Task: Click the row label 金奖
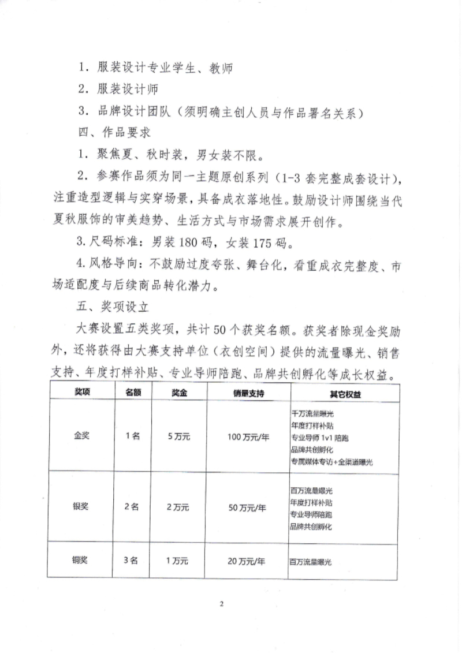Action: [80, 436]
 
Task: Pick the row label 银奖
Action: [80, 508]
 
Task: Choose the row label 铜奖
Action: [80, 561]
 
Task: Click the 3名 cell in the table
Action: [133, 561]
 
